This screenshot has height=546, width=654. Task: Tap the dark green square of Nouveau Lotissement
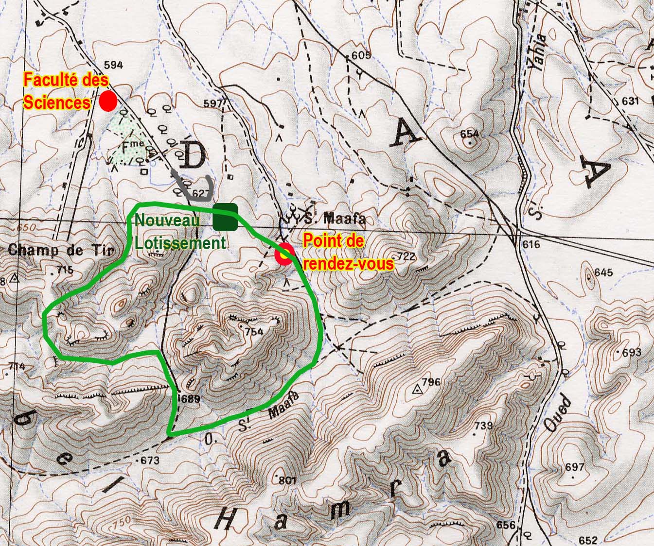[225, 217]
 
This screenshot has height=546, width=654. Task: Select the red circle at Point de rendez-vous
[283, 255]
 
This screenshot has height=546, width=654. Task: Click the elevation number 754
[254, 332]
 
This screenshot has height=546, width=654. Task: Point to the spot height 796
[431, 382]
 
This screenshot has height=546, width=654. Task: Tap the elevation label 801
[288, 481]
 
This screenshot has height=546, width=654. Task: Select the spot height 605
[361, 55]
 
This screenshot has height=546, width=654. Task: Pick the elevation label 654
[470, 134]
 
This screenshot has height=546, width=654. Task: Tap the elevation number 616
[530, 244]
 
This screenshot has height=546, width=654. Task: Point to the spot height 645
[603, 272]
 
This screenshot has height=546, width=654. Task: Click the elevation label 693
[632, 352]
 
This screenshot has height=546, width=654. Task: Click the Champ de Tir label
[61, 251]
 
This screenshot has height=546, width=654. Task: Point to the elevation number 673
[150, 460]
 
